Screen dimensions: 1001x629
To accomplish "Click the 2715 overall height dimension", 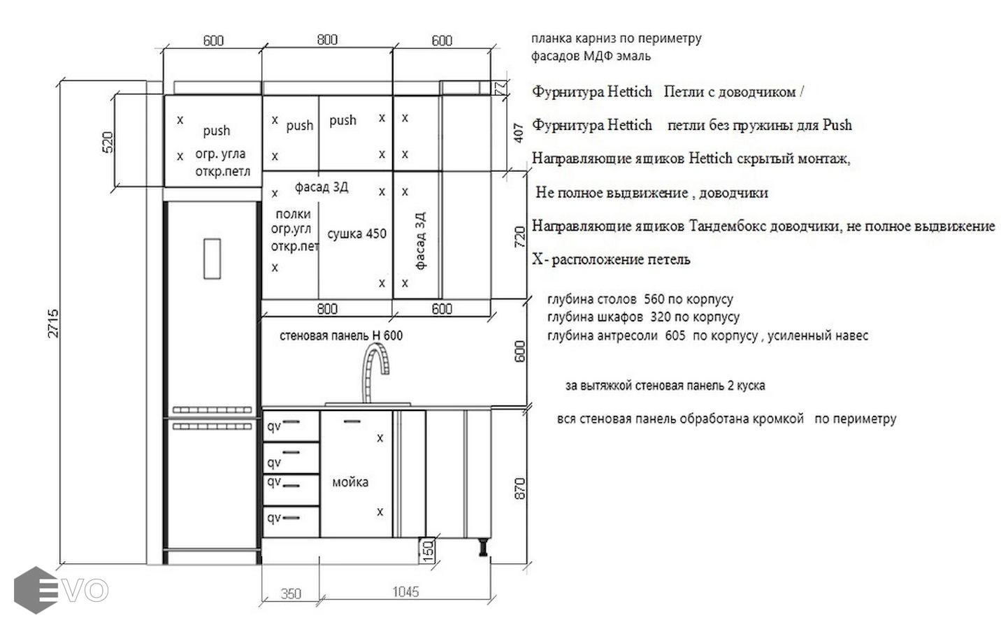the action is (x=52, y=323).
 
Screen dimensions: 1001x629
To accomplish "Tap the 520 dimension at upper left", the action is (x=108, y=142).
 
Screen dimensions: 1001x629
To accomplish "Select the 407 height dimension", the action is (x=519, y=133).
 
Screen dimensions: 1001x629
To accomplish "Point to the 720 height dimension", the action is (x=519, y=237).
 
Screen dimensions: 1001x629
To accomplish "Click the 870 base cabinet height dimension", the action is (x=520, y=489).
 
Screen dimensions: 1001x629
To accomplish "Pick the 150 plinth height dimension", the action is (x=428, y=551).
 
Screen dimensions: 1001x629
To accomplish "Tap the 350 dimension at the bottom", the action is (x=291, y=594).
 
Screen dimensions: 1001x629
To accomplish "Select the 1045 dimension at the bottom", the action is (x=405, y=592).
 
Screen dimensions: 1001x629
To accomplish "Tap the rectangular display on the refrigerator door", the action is (x=213, y=259).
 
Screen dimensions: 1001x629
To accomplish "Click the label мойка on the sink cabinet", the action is (x=350, y=482).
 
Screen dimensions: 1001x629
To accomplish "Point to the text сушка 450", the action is (x=357, y=233).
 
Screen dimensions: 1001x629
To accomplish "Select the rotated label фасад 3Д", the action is (x=421, y=241).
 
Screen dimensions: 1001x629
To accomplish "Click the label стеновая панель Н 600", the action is (x=341, y=335).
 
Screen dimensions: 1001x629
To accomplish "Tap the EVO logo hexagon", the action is (x=36, y=590).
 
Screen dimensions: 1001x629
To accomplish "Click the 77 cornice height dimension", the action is (x=502, y=87).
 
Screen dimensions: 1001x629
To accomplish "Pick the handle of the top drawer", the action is (x=291, y=421).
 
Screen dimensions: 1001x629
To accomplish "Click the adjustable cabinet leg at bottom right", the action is (x=483, y=548).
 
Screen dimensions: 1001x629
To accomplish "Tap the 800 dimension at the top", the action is (x=327, y=40).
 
